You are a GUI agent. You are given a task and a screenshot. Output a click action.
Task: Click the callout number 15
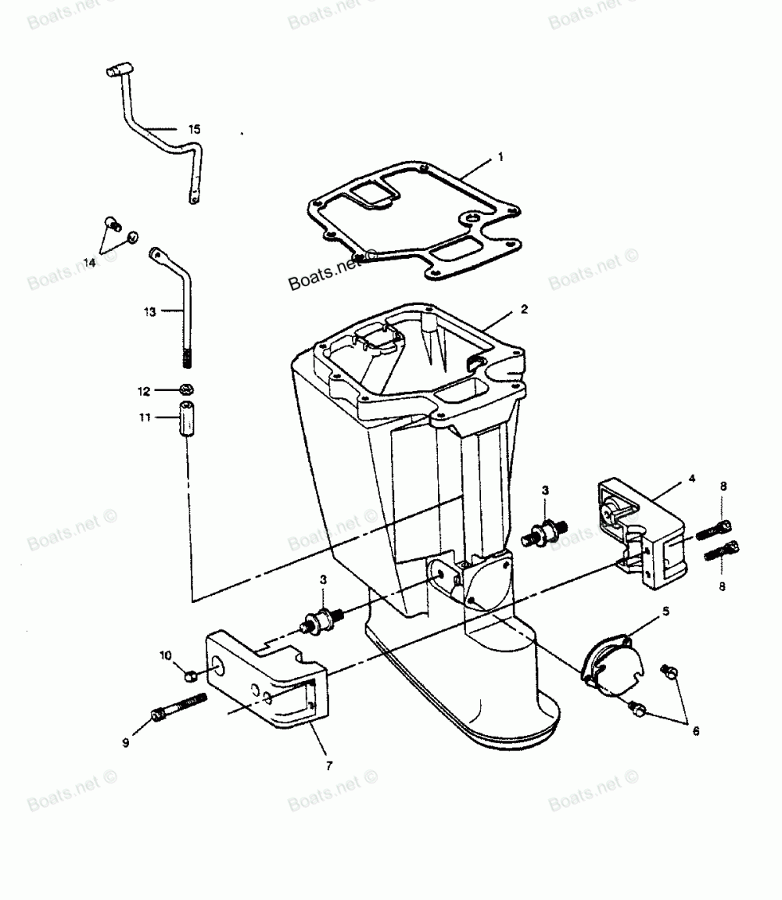pos(194,129)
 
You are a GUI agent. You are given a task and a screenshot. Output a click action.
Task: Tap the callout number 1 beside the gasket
pos(500,157)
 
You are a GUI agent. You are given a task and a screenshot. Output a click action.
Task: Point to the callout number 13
pos(150,311)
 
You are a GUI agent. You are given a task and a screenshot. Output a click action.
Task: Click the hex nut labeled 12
pos(186,389)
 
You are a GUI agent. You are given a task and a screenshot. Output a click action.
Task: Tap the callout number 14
pos(89,264)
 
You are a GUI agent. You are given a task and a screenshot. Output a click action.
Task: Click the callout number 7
pos(328,766)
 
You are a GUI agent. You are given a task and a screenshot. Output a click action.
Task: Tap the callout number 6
pos(695,731)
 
